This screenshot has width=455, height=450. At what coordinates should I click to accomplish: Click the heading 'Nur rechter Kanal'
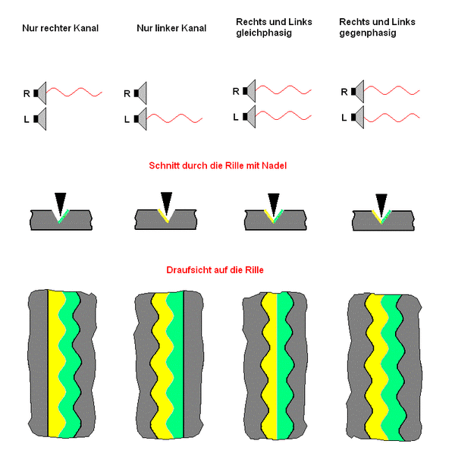pyautogui.click(x=60, y=28)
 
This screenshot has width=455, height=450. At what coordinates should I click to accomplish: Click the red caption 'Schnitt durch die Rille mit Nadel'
pyautogui.click(x=227, y=166)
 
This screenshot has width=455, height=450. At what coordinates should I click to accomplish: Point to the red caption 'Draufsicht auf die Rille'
pyautogui.click(x=227, y=269)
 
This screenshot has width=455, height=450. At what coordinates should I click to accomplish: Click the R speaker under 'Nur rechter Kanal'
pyautogui.click(x=40, y=93)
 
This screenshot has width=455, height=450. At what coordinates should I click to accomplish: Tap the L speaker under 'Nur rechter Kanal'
pyautogui.click(x=40, y=118)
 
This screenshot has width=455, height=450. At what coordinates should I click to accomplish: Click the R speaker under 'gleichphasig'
pyautogui.click(x=249, y=92)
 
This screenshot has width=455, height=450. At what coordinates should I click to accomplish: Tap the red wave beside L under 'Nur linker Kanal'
pyautogui.click(x=176, y=118)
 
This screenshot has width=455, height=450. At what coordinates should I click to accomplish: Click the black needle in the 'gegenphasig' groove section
pyautogui.click(x=381, y=201)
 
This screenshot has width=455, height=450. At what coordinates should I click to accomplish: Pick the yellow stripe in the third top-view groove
pyautogui.click(x=270, y=364)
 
